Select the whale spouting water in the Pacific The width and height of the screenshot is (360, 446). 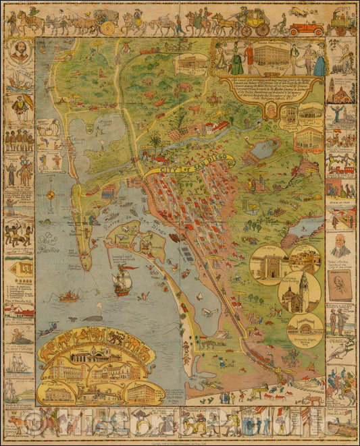click(x=92, y=317)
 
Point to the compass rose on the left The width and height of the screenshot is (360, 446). click(x=50, y=195)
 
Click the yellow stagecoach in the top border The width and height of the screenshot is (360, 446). click(x=256, y=23)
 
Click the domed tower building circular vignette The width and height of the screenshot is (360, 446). click(x=296, y=292)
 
